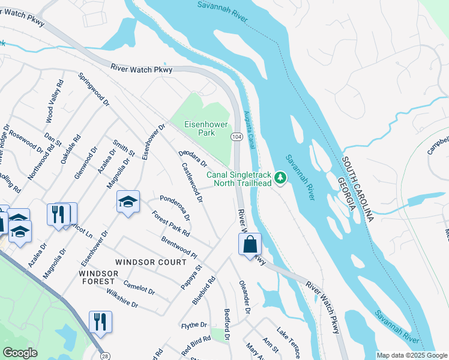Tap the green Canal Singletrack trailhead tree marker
tap(280, 178)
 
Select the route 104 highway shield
tap(237, 137)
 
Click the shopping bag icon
tap(250, 244)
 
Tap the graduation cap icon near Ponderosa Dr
tap(128, 203)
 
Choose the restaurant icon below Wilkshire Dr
tap(100, 322)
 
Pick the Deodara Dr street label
tap(193, 158)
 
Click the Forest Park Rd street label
tap(170, 224)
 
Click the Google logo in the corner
tap(20, 353)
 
